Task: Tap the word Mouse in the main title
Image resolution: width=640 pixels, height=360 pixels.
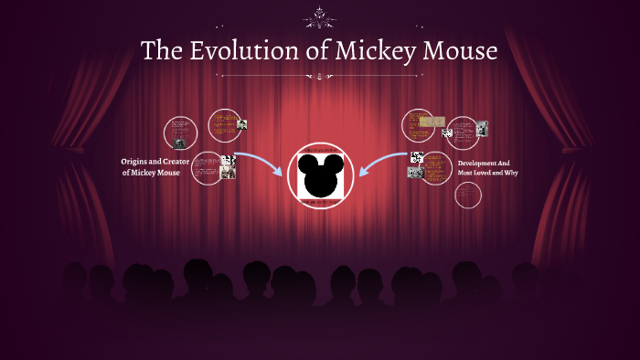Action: (457, 51)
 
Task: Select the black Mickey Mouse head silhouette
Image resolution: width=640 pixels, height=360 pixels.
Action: (320, 176)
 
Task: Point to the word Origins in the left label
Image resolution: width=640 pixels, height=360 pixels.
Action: (136, 162)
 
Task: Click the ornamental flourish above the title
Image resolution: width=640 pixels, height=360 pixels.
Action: (321, 16)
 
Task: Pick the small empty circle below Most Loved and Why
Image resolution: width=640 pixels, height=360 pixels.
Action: (467, 195)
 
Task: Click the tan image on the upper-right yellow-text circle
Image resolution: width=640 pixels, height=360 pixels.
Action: (432, 121)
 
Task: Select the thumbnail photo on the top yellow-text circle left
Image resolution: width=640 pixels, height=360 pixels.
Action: (243, 123)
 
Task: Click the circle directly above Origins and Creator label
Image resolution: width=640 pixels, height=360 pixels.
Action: (180, 133)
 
